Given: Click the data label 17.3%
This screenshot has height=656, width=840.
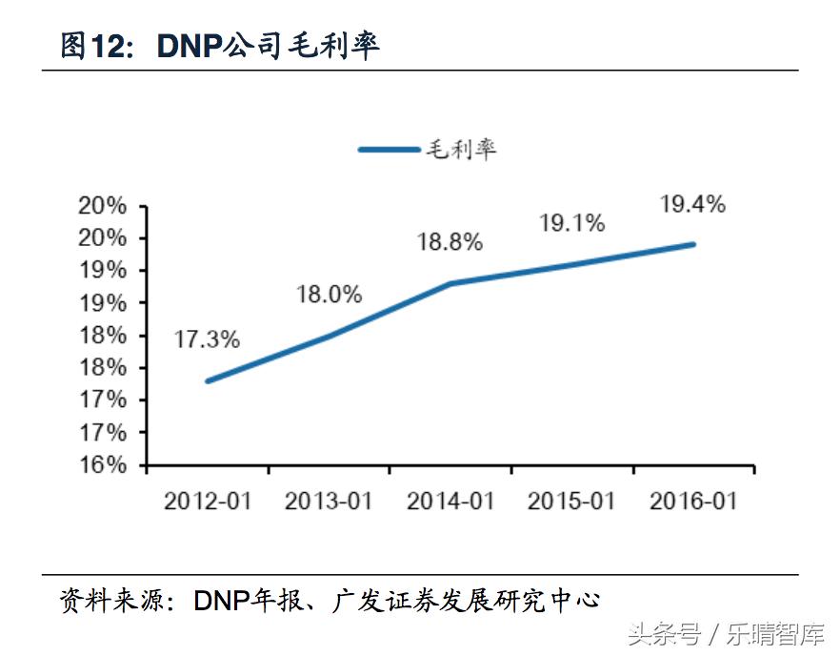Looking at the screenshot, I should click(x=207, y=338).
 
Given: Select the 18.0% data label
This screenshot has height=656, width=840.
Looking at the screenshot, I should click(x=329, y=295).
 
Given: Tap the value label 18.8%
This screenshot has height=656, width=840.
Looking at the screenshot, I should click(x=450, y=242).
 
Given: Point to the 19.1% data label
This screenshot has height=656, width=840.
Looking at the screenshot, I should click(x=571, y=223).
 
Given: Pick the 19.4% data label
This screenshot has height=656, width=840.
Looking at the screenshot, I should click(x=692, y=204).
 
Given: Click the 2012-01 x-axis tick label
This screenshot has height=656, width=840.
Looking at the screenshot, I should click(x=208, y=501).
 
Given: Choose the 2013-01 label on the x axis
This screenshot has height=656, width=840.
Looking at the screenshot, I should click(x=329, y=501).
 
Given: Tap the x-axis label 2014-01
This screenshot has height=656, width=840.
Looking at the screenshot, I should click(x=450, y=501).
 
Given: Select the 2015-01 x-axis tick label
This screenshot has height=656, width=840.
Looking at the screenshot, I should click(x=571, y=501).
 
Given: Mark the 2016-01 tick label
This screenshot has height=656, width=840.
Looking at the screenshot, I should click(x=692, y=501).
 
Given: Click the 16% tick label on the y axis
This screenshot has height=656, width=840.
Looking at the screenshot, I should click(x=103, y=465).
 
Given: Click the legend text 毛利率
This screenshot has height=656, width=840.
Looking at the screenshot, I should click(x=461, y=149).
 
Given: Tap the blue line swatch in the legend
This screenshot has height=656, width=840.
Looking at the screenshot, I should click(x=389, y=150).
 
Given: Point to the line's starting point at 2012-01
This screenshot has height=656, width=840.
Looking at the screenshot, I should click(x=208, y=380).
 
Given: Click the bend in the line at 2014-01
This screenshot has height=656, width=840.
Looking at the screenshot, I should click(x=450, y=283).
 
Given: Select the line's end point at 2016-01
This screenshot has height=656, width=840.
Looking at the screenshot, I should click(x=692, y=244).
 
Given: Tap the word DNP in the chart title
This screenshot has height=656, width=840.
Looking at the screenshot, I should click(x=189, y=45).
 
